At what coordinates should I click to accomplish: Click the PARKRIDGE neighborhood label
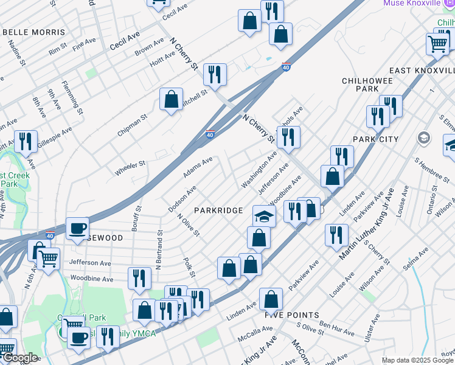[218, 210]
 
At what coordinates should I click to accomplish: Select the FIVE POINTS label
[292, 315]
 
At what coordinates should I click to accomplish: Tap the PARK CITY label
[375, 139]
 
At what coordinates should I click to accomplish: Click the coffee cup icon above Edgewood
[77, 228]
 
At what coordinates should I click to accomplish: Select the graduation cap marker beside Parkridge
[264, 215]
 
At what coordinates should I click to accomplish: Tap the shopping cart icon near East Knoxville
[437, 43]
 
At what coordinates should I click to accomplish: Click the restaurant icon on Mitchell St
[215, 74]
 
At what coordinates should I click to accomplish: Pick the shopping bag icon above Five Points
[271, 299]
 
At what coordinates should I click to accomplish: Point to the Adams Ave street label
[198, 169]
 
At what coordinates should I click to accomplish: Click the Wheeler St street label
[130, 168]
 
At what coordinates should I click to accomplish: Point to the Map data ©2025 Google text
[417, 360]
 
